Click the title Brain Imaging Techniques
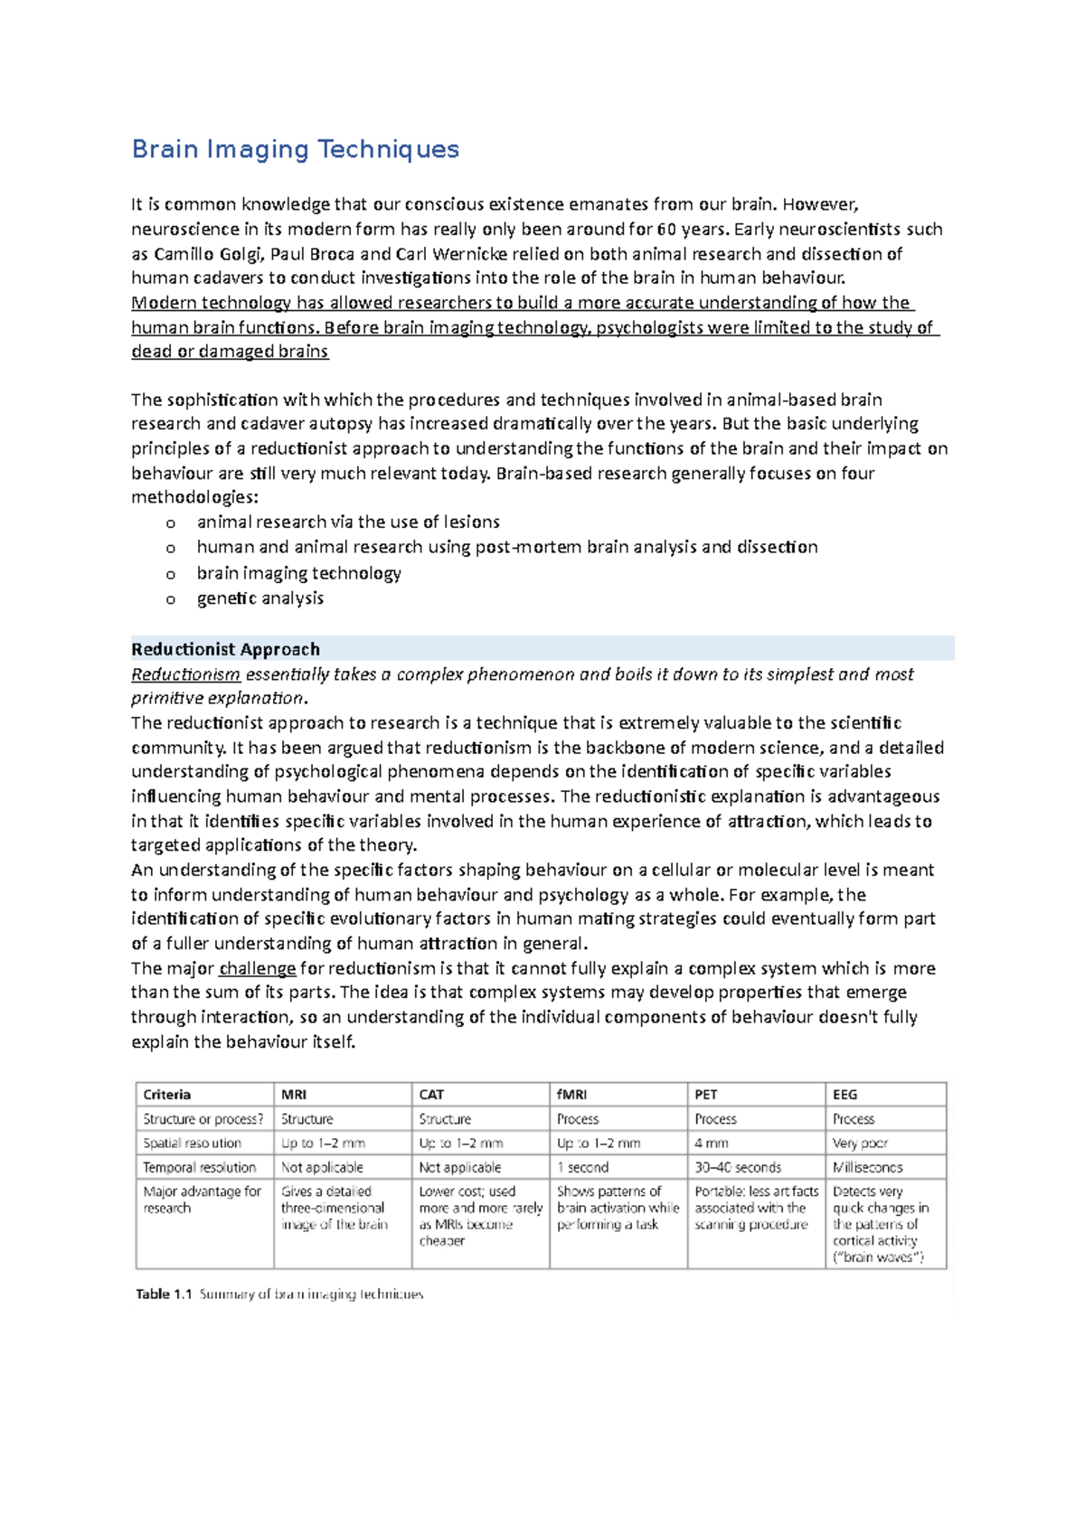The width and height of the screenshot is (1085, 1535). [296, 149]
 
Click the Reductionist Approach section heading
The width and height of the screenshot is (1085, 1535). [225, 649]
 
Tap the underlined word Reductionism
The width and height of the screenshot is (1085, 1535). [185, 674]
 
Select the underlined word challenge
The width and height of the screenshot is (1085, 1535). [258, 968]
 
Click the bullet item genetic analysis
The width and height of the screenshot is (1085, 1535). [260, 598]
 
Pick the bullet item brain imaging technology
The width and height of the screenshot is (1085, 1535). [298, 573]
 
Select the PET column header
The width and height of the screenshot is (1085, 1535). [706, 1094]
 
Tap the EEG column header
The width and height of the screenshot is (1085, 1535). [845, 1094]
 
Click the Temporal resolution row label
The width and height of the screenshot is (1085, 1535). [199, 1167]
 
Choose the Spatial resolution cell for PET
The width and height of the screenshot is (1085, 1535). [712, 1143]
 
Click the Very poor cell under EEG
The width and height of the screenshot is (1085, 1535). [860, 1143]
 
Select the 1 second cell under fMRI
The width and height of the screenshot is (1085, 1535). [582, 1167]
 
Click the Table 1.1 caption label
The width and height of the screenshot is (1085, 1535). [165, 1295]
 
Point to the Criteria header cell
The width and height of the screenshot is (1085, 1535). [167, 1094]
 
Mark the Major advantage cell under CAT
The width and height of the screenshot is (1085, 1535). [480, 1216]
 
